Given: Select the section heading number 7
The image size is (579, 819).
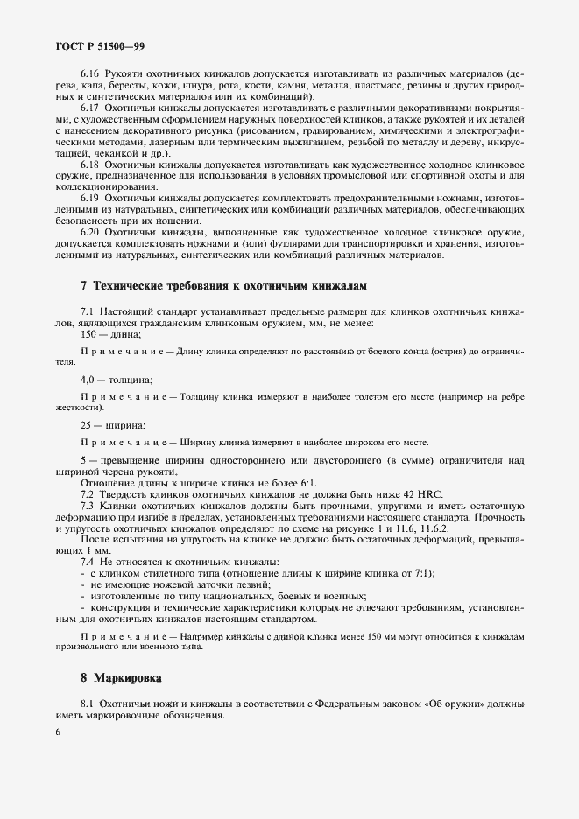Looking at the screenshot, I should pyautogui.click(x=83, y=286).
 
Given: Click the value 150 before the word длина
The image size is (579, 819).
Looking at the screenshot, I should pyautogui.click(x=88, y=335).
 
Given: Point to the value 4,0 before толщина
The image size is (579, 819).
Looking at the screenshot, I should pyautogui.click(x=88, y=380).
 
